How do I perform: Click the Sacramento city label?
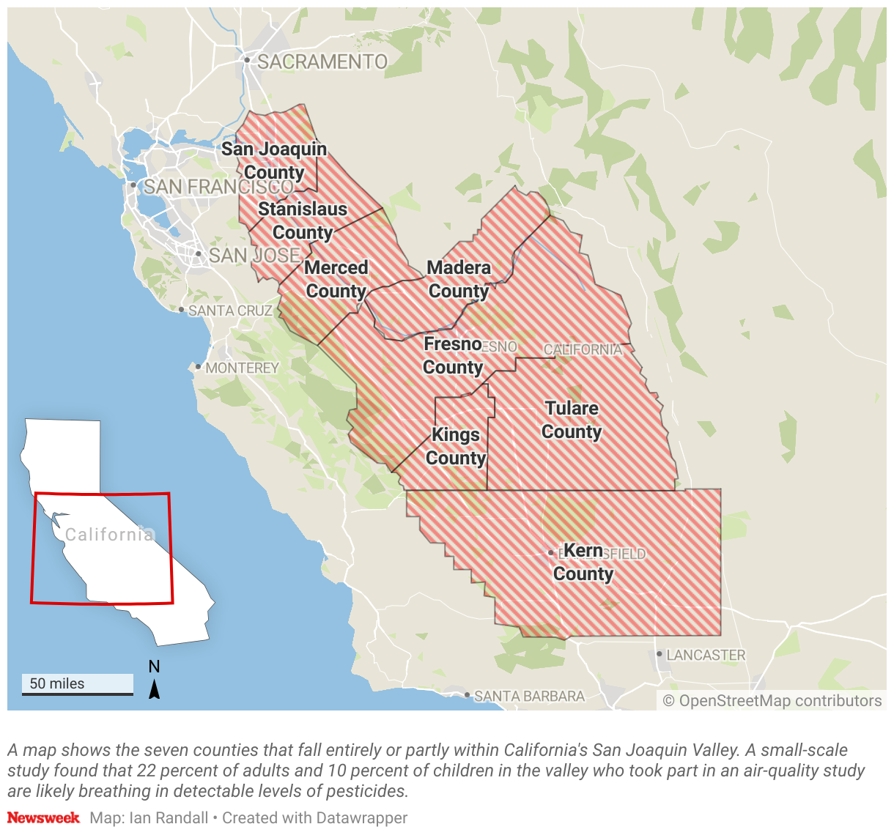point(322,62)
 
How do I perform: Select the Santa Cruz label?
point(230,311)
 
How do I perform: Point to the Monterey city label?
point(242,368)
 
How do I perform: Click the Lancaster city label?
point(706,655)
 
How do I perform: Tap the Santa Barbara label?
point(529,696)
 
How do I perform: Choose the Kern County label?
point(583,563)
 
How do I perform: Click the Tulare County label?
point(572,420)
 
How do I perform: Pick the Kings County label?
point(456,447)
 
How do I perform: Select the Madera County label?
point(459,280)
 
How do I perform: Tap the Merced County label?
point(336,280)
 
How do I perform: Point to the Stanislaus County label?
point(303,221)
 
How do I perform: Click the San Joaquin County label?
point(274,160)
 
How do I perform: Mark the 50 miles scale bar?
point(78,685)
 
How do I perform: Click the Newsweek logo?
point(43,817)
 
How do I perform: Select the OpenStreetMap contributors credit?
point(772,701)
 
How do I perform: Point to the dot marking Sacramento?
point(248,60)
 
